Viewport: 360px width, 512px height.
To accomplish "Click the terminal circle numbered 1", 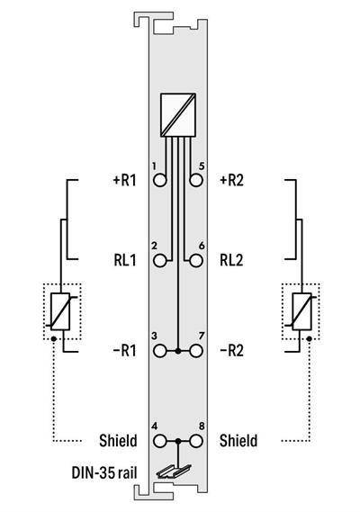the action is click(159, 180).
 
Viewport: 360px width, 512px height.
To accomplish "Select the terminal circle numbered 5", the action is click(196, 180).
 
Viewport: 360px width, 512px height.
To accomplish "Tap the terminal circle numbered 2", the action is click(159, 261).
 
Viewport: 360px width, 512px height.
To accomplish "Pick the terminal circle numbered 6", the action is click(196, 261).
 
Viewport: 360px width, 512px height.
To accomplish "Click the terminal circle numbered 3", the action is click(159, 351).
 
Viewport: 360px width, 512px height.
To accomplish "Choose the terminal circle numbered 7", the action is click(196, 351).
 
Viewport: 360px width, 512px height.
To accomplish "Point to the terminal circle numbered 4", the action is click(159, 441).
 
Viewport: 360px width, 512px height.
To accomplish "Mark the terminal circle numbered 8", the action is click(196, 441).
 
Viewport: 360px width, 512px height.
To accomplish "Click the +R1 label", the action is click(124, 180).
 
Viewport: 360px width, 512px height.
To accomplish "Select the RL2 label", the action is click(231, 261).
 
